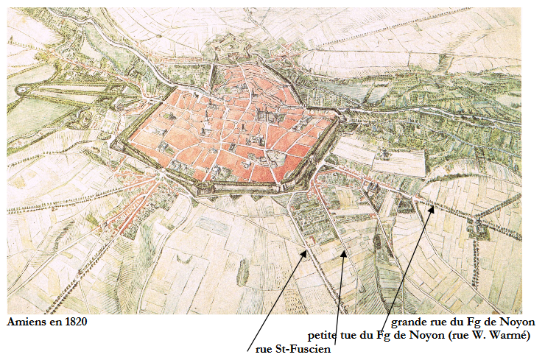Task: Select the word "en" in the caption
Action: pos(52,322)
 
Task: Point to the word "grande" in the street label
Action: pos(409,322)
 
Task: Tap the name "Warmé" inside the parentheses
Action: pos(510,336)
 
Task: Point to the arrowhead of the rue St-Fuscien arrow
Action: pos(306,253)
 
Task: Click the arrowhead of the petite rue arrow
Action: pos(344,253)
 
